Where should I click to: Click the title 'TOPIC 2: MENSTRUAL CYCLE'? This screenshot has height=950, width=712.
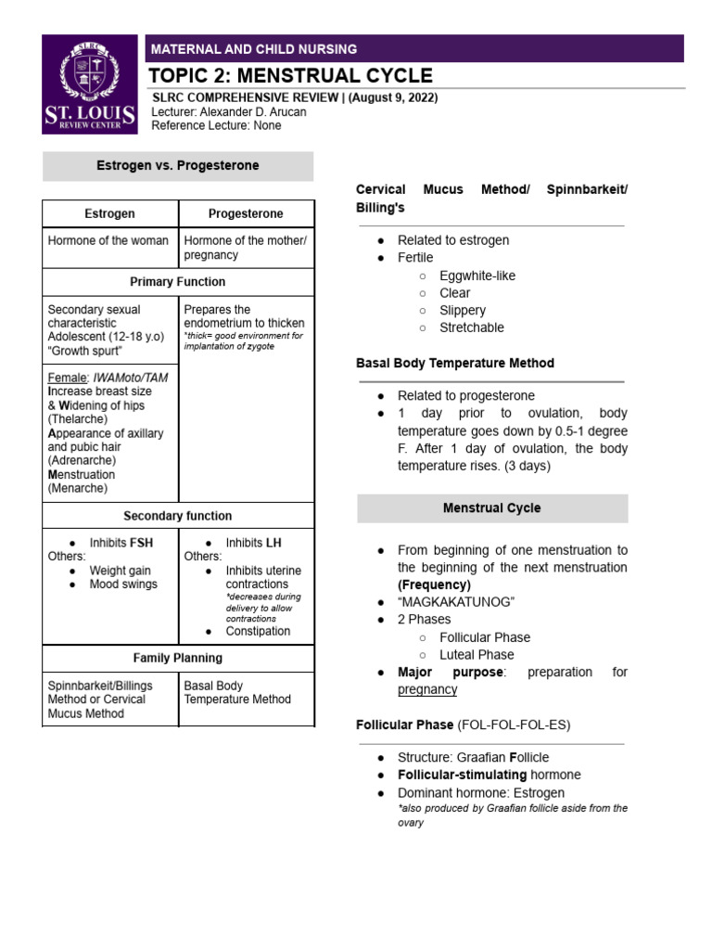tap(291, 76)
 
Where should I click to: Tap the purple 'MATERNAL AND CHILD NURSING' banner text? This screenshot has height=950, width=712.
tap(254, 49)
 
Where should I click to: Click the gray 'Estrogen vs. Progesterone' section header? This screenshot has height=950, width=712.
tap(178, 165)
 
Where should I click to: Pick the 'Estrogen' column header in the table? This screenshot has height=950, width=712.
tap(110, 213)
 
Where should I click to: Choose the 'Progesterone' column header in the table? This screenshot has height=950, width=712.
tap(246, 213)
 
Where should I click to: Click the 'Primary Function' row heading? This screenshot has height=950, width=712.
tap(178, 281)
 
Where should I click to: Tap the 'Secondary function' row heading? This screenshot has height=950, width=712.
tap(178, 515)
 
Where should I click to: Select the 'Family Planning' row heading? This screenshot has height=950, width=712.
tap(178, 658)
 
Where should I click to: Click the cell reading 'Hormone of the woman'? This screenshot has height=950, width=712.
tap(108, 240)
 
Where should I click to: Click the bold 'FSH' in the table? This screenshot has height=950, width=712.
tap(142, 542)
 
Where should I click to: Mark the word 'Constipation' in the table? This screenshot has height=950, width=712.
tap(258, 631)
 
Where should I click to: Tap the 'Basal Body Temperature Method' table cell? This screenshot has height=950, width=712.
tap(237, 693)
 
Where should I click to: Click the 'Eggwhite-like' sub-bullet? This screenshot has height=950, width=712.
tap(477, 276)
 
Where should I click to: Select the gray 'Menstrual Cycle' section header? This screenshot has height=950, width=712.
tap(492, 508)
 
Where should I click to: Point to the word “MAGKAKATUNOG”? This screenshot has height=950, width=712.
tap(456, 602)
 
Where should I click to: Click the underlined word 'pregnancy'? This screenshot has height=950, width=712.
tap(427, 689)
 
